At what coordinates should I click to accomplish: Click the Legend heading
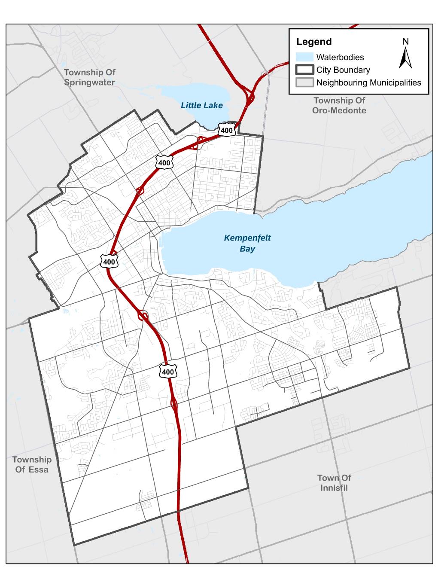pos(314,42)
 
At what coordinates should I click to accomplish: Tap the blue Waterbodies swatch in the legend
pos(304,57)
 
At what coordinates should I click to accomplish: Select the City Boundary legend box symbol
pos(304,70)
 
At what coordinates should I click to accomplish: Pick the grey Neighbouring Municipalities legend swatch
pos(304,83)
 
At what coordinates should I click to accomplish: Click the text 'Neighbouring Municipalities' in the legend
pos(368,83)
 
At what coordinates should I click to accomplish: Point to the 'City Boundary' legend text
pos(343,70)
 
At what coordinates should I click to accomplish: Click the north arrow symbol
pos(405,58)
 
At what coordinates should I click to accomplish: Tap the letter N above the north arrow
pos(405,41)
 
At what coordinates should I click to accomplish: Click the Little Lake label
pos(201,105)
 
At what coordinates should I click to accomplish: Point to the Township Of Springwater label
pos(89,77)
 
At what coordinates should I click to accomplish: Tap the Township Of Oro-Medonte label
pos(339,105)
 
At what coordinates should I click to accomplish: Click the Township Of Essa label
pos(32,465)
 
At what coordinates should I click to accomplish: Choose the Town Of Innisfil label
pos(334,483)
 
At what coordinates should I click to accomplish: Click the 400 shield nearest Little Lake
pos(226,130)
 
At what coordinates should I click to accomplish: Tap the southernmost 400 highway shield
pos(168,372)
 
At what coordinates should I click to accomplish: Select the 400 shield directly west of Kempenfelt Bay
pos(109,261)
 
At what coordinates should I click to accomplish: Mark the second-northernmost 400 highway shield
pos(164,162)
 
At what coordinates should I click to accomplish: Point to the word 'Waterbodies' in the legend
pos(340,57)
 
